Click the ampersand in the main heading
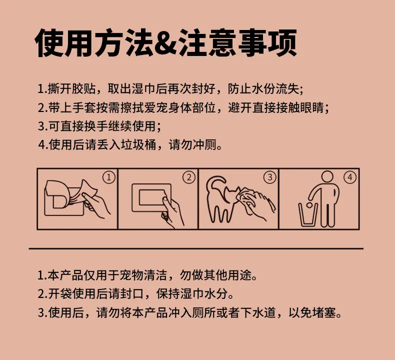(x=166, y=43)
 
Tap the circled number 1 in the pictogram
(x=109, y=177)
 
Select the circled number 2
(x=189, y=177)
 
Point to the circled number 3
(x=270, y=177)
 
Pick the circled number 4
(x=350, y=177)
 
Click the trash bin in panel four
(x=308, y=214)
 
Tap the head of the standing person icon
(x=327, y=176)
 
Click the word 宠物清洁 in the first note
(x=143, y=275)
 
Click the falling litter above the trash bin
(x=308, y=205)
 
